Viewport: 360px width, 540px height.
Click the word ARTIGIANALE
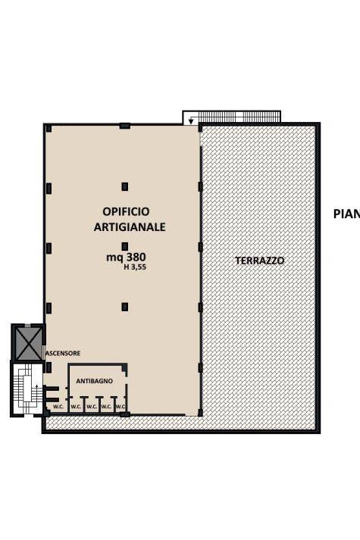coord(130,226)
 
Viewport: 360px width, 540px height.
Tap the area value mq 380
coord(126,257)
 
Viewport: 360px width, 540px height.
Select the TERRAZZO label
coord(259,260)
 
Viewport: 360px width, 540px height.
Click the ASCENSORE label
coord(62,353)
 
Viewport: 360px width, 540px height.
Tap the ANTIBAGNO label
coord(95,381)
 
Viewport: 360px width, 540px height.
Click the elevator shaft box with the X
coord(28,342)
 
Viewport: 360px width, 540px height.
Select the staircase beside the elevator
coord(27,388)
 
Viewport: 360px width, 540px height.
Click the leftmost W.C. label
coord(58,407)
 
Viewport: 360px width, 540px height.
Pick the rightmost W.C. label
coord(120,407)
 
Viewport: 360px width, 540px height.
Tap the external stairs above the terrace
coord(234,117)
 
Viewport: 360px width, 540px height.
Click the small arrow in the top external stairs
coord(191,120)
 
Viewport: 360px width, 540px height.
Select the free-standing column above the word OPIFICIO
coord(125,186)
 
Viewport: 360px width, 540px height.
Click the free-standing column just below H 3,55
coord(125,307)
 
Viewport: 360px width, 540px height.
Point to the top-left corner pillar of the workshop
coord(47,126)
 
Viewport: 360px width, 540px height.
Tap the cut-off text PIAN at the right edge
coord(346,214)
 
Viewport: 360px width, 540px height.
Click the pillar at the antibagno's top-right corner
coord(125,368)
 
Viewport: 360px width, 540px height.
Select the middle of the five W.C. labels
coord(91,407)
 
